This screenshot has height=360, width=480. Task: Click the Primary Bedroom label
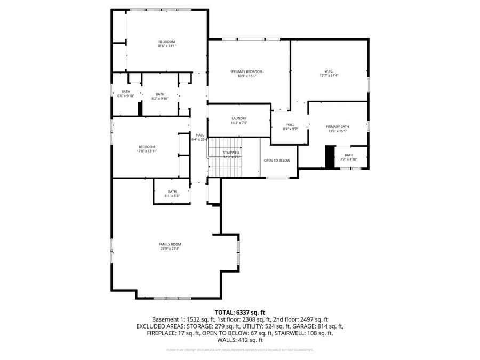coord(247,71)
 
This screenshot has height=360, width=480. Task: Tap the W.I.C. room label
coord(329,71)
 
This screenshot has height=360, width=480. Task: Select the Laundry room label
coord(239,118)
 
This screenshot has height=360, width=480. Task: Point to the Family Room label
coord(170,244)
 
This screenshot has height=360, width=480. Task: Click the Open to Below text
coord(277,161)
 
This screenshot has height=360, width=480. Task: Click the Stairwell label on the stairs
coord(231,153)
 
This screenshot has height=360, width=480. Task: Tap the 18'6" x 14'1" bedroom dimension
coord(166,46)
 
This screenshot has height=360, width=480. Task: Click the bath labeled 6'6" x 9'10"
coord(126,93)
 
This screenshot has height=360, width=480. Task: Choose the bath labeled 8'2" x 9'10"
coord(160,96)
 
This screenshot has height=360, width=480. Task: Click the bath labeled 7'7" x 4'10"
coord(349,157)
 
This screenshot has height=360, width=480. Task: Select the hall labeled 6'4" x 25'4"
coord(199,137)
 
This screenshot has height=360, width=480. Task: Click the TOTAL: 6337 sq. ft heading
coord(239,312)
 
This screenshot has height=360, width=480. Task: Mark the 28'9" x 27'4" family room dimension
coord(170,248)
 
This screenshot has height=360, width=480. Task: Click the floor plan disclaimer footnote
coord(239,350)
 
